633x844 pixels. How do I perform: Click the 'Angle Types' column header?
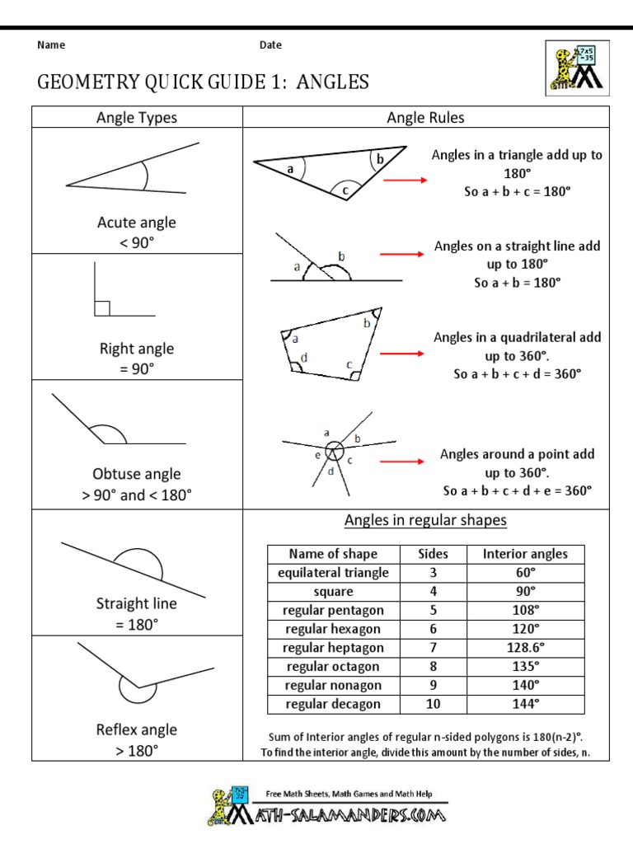click(x=137, y=118)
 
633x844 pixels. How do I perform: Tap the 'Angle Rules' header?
click(x=425, y=118)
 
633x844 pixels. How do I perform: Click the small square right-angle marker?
click(x=102, y=308)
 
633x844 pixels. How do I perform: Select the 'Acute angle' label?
click(x=137, y=223)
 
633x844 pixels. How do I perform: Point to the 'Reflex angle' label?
click(x=137, y=729)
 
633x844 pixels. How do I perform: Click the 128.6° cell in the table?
click(x=525, y=648)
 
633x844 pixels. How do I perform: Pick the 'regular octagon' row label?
click(x=333, y=667)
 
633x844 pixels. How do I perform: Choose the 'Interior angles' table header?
click(x=525, y=554)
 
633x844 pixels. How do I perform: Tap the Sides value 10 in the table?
click(x=433, y=704)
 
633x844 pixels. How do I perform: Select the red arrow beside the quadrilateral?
click(x=406, y=354)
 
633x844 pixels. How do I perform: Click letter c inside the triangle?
click(x=345, y=190)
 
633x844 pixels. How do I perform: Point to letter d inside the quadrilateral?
click(x=304, y=358)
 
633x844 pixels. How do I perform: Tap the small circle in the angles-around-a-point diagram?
click(x=334, y=451)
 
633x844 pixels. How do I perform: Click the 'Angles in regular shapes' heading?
click(x=425, y=520)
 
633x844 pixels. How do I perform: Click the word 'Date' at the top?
click(x=270, y=45)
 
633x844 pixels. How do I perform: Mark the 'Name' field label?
click(x=51, y=45)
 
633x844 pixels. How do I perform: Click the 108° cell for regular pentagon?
click(x=525, y=611)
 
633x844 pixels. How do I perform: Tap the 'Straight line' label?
click(x=137, y=603)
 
